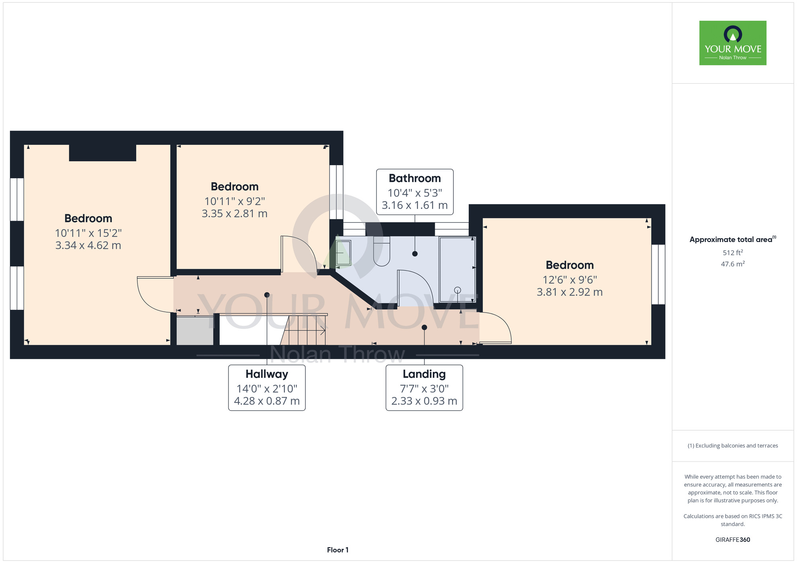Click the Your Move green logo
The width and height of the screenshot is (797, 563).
733,43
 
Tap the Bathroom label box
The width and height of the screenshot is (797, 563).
415,192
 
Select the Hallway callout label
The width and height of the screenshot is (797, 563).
267,388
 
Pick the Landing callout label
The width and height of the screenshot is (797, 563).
424,388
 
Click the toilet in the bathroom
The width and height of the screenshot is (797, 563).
381,251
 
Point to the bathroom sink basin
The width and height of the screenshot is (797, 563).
343,253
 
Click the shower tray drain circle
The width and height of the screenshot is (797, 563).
457,290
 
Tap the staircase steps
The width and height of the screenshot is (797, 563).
304,330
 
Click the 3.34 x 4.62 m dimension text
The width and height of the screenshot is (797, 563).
88,245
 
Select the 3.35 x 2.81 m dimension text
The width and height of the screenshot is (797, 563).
234,213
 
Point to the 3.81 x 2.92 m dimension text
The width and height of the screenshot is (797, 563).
570,292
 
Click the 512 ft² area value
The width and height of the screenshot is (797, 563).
733,252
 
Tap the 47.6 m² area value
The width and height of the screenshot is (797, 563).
733,264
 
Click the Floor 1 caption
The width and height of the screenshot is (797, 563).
338,550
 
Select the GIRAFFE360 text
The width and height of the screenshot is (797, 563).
733,540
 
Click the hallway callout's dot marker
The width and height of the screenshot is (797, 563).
267,295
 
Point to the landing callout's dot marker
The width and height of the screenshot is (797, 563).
424,327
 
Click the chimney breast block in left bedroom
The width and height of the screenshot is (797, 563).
103,153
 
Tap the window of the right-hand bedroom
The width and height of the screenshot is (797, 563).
658,274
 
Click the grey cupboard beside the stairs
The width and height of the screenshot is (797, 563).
195,330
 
